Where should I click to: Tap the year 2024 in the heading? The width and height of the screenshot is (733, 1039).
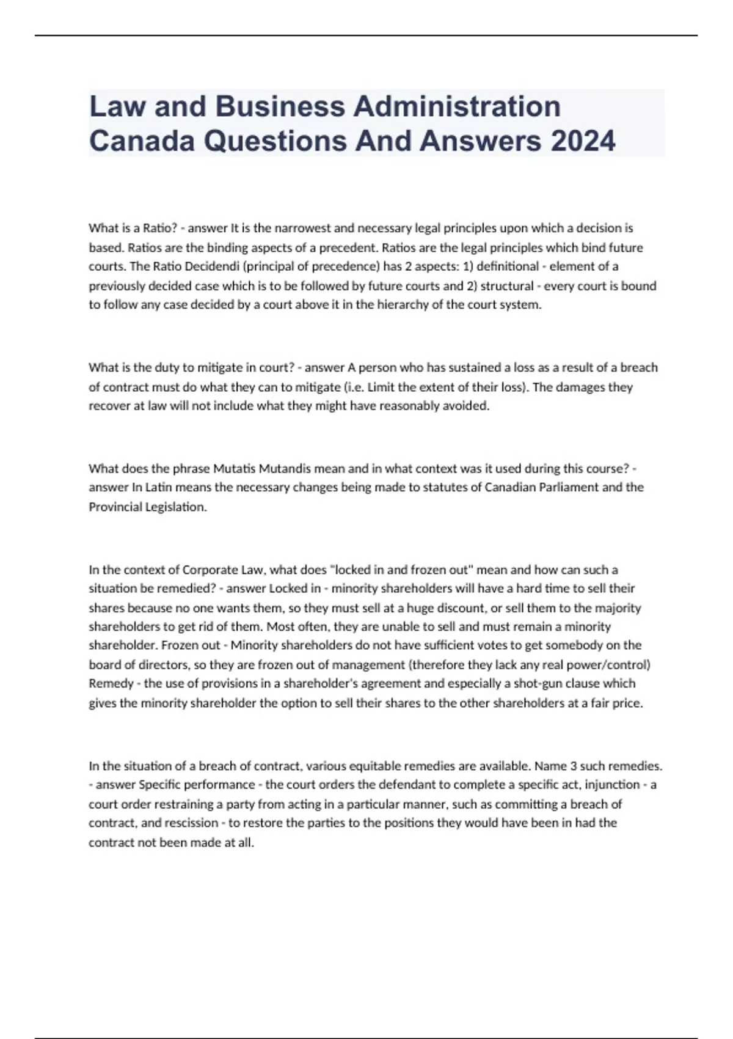[x=583, y=141]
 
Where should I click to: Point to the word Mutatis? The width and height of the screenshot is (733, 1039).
[x=234, y=469]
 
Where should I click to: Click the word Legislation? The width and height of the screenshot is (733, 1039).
[x=176, y=507]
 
